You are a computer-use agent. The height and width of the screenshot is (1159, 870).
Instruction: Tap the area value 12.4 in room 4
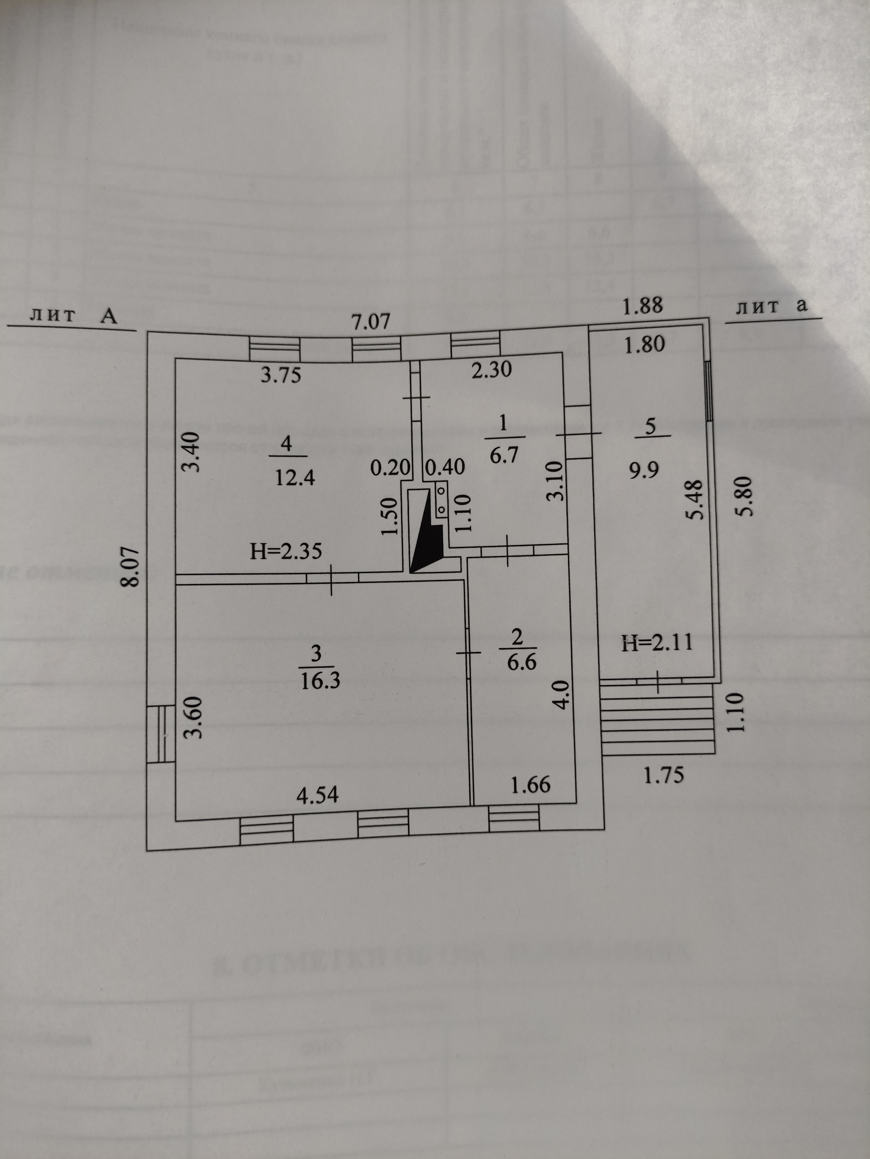pyautogui.click(x=295, y=477)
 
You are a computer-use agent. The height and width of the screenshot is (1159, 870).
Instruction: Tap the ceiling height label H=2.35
pyautogui.click(x=285, y=551)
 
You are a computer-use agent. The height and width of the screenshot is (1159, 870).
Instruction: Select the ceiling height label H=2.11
pyautogui.click(x=657, y=642)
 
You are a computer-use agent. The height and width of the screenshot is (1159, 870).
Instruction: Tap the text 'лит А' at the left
pyautogui.click(x=74, y=315)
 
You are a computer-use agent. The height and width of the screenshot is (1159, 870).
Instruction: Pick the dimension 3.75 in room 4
pyautogui.click(x=281, y=375)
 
